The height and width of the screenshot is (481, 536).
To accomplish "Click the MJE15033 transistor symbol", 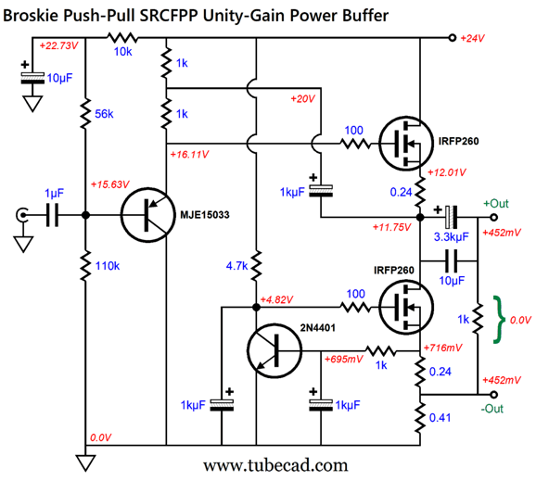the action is (x=148, y=215).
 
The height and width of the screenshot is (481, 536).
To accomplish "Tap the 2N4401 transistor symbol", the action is (x=274, y=350).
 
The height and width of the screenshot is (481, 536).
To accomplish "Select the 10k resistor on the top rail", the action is (x=122, y=38).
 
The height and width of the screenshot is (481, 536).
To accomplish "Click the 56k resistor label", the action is (x=104, y=114).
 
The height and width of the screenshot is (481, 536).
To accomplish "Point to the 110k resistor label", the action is (x=108, y=266).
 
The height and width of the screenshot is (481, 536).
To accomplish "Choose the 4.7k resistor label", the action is (x=236, y=266).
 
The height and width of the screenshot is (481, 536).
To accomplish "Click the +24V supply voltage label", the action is (x=472, y=38).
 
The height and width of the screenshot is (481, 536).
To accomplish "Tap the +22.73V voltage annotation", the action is (x=58, y=45).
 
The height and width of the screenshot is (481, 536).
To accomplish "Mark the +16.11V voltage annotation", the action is (x=189, y=155).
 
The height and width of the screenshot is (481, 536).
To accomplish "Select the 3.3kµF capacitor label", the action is (x=452, y=236).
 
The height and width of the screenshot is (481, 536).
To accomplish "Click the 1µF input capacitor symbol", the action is (x=52, y=215).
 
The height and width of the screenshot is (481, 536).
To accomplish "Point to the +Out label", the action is (x=496, y=204).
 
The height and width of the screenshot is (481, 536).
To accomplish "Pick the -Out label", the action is (x=491, y=409).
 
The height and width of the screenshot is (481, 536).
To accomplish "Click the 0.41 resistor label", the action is (x=440, y=417).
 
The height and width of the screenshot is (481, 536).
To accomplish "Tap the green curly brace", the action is (x=499, y=320).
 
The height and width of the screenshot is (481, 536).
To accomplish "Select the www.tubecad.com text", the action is (x=275, y=466).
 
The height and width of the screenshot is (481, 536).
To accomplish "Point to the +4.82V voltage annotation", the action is (x=276, y=299).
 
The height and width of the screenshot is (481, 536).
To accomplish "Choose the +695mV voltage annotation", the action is (x=343, y=359).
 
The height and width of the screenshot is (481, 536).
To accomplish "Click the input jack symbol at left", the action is (x=21, y=215).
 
